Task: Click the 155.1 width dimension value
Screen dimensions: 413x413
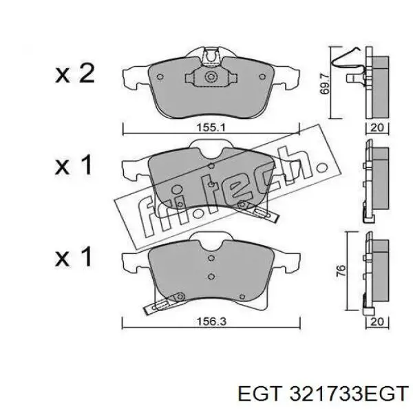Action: [x=211, y=128]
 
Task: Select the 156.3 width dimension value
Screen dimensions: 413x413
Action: [x=211, y=321]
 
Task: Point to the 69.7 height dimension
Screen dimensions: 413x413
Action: [x=324, y=84]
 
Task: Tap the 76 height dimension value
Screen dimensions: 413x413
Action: [x=341, y=271]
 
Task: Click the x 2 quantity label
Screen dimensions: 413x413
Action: [x=75, y=74]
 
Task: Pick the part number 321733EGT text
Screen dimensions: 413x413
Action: [x=349, y=393]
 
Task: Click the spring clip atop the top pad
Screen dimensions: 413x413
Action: [x=211, y=56]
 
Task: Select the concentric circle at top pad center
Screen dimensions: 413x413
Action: [x=211, y=77]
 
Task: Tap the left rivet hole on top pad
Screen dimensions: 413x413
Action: [x=160, y=77]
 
